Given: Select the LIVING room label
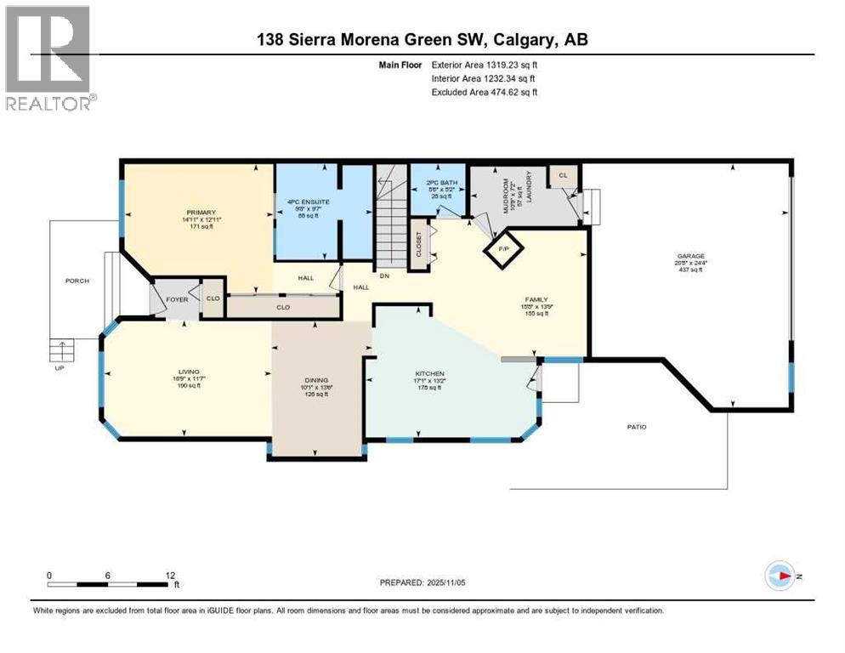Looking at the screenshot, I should pyautogui.click(x=184, y=369).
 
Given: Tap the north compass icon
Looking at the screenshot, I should pyautogui.click(x=780, y=576).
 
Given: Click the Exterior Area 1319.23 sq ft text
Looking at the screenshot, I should pyautogui.click(x=485, y=64).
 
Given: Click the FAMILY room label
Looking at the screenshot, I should pyautogui.click(x=536, y=298).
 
